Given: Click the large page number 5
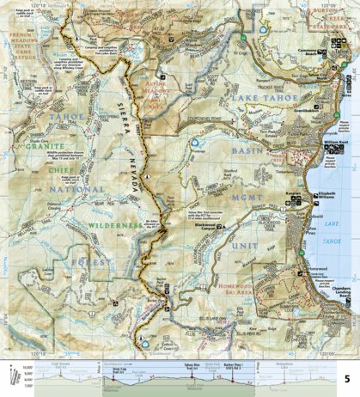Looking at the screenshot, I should click(x=346, y=377).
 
